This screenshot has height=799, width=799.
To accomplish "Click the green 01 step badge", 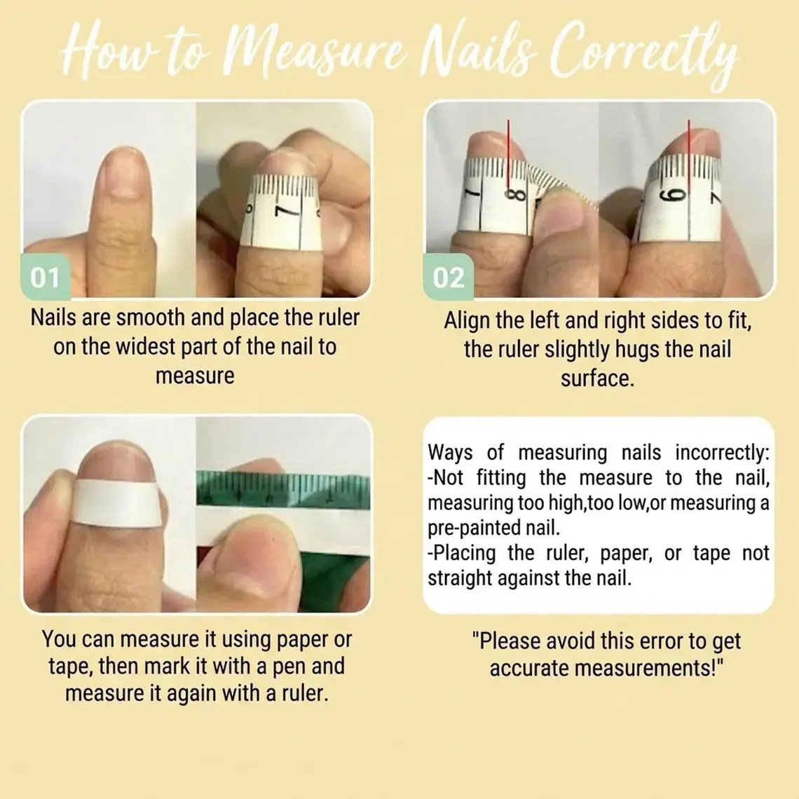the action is point(46,277).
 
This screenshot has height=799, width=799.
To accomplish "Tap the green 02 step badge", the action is point(449,277).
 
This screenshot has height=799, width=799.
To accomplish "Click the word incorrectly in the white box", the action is point(722,453).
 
